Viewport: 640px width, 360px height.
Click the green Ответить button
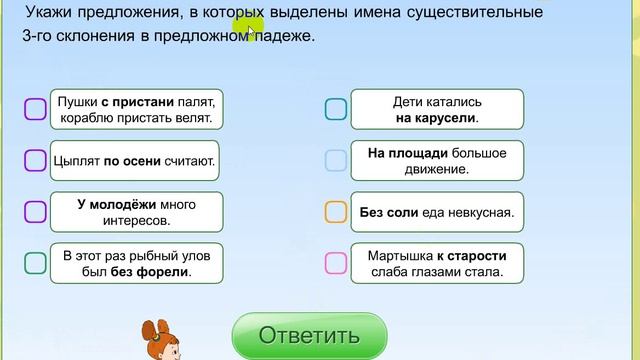click(309, 335)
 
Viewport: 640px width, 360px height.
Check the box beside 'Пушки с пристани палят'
click(35, 109)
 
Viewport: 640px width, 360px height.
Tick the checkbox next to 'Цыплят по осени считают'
click(35, 160)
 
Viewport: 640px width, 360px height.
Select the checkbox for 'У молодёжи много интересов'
click(35, 211)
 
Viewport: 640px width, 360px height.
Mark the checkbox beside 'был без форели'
click(35, 262)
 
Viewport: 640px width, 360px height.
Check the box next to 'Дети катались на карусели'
click(336, 109)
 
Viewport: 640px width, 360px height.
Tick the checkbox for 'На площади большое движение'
click(336, 160)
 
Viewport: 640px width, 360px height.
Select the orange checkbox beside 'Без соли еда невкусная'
click(336, 211)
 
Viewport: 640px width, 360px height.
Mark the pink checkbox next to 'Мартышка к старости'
click(336, 262)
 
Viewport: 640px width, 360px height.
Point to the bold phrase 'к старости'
click(470, 254)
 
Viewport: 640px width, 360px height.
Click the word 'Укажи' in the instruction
click(51, 13)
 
